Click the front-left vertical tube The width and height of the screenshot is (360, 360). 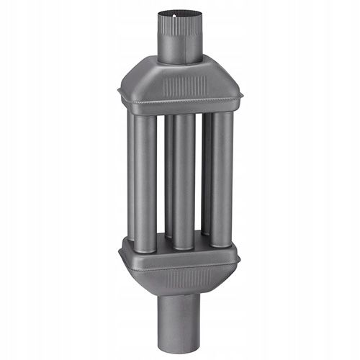(x=144, y=180)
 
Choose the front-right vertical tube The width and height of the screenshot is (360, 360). (x=222, y=180)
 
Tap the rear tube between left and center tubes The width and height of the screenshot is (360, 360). (x=167, y=173)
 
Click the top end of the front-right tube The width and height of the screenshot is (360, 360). (x=222, y=115)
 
